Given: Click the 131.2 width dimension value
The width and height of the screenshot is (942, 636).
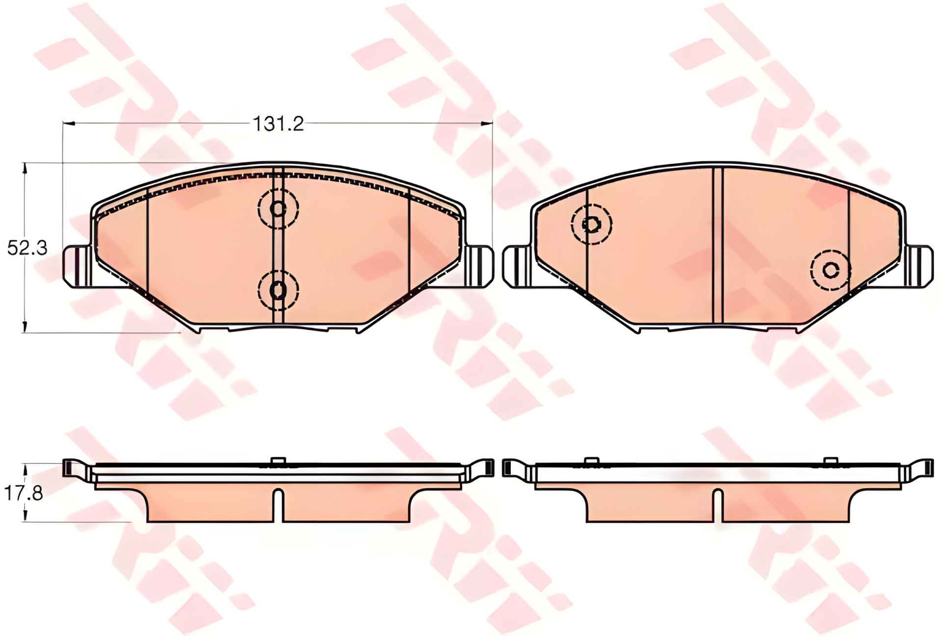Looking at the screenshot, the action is tap(278, 124).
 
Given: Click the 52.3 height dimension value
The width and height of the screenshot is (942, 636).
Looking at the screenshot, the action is tap(27, 248).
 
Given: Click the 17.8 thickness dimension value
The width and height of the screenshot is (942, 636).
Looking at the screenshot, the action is tap(24, 493).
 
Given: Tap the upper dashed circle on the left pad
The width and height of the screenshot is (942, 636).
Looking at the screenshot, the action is tap(278, 208).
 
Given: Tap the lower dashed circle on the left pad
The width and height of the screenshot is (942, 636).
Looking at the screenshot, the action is tap(278, 290).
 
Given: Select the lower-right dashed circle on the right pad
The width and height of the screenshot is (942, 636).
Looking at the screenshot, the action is tap(831, 269).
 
